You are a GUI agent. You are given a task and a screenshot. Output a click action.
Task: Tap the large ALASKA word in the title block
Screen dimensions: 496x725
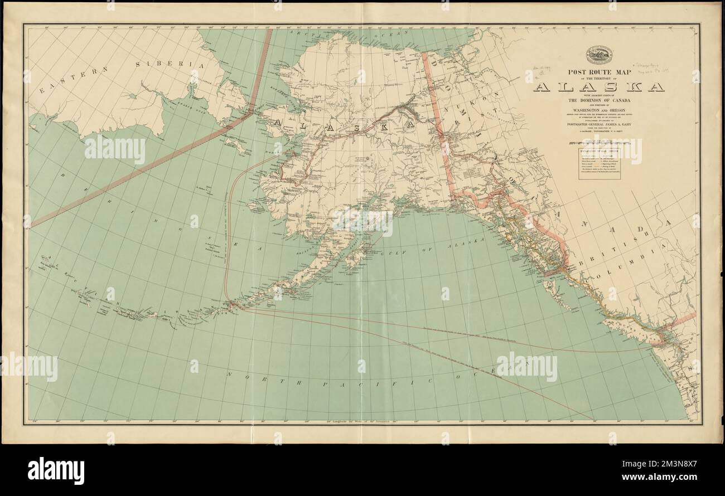pyautogui.click(x=599, y=87)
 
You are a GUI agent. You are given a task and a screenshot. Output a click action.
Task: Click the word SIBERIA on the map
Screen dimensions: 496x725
pyautogui.click(x=167, y=65)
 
